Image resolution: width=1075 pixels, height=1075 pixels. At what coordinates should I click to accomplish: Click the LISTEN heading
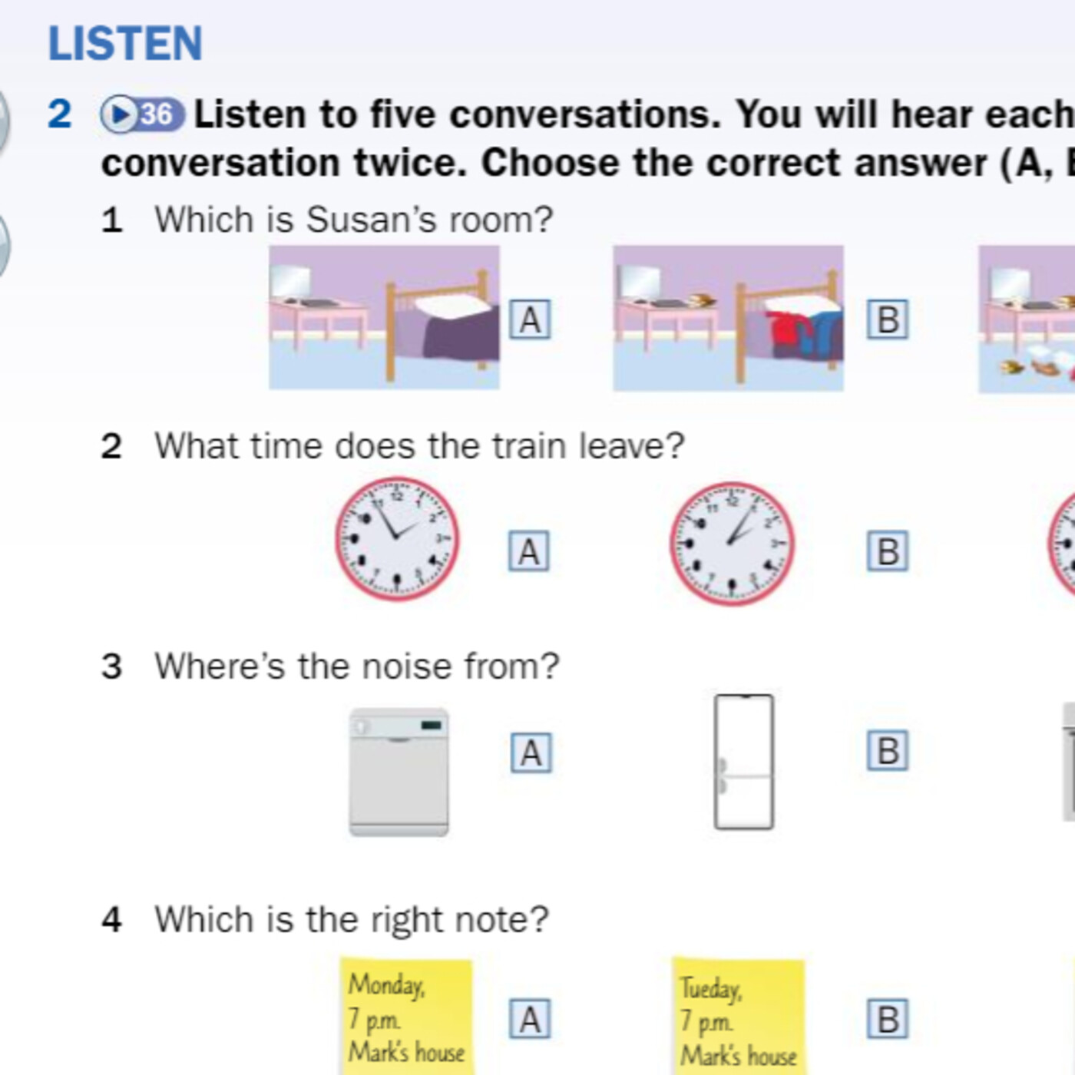(125, 43)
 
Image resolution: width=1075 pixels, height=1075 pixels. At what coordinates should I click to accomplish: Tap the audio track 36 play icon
(142, 114)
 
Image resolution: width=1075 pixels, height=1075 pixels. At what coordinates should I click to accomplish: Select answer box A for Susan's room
(529, 319)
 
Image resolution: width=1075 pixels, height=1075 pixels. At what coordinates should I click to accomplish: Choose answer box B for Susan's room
(887, 319)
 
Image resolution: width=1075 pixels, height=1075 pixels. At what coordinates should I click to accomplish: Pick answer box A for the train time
(528, 552)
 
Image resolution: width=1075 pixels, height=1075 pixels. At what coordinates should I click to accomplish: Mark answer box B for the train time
(887, 552)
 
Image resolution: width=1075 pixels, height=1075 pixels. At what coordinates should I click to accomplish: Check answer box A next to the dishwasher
(531, 753)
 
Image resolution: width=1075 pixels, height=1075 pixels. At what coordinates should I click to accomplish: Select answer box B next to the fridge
(887, 751)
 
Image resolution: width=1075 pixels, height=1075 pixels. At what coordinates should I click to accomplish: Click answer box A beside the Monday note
(529, 1019)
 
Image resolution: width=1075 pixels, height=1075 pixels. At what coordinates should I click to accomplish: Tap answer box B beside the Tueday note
(887, 1019)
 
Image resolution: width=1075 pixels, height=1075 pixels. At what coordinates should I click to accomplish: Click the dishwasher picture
(399, 772)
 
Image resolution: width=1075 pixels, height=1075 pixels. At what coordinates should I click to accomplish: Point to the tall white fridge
(743, 762)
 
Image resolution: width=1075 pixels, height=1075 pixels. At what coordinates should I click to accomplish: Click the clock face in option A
(397, 538)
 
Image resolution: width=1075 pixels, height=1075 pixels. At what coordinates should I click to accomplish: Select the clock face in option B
(732, 544)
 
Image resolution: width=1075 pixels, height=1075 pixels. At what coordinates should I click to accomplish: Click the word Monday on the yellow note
(386, 985)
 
